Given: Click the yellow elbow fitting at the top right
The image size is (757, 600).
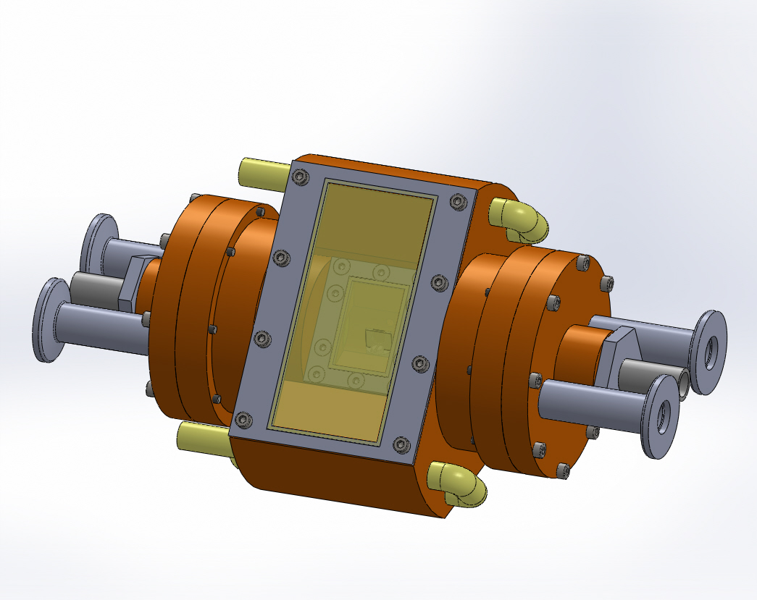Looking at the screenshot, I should click(x=520, y=219).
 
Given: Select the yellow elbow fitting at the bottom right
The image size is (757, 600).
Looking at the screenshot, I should click(x=457, y=483).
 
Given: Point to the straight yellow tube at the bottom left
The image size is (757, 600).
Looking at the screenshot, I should click(x=204, y=436).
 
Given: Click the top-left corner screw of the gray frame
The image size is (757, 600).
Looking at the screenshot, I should click(x=299, y=176).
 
